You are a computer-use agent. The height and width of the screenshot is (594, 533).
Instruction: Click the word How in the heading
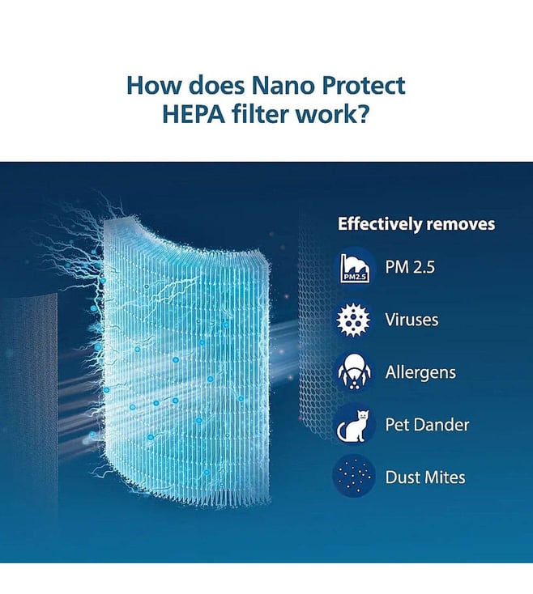coord(154,85)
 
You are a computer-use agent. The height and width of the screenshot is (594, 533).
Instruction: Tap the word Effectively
coord(380,223)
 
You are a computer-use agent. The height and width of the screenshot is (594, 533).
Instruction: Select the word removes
coord(461,224)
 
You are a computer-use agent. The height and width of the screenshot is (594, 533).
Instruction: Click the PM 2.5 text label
coord(410,267)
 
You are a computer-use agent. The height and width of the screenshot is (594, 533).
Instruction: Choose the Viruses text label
coord(411,320)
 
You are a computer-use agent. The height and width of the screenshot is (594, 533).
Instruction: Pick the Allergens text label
coord(420,372)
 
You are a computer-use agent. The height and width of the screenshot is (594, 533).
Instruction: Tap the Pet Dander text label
coord(427,425)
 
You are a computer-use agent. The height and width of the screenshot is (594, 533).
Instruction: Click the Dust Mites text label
coord(425,477)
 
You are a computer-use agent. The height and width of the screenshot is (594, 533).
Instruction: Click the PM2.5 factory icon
coord(354,268)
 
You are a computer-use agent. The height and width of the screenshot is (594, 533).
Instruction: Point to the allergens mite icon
coord(354,373)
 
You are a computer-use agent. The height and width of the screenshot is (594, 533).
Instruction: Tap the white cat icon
coord(354,426)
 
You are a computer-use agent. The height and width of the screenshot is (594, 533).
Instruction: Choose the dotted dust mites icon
coord(354,476)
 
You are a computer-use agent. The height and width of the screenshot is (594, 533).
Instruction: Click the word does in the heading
coord(216,85)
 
